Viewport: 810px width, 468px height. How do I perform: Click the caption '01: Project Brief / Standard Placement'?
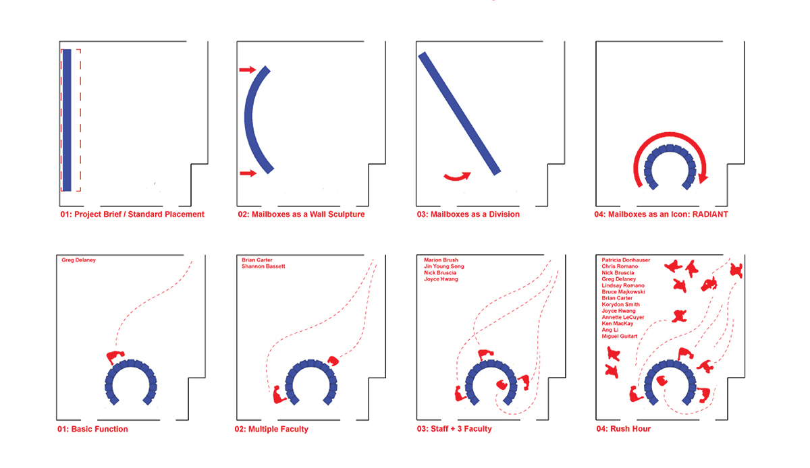pos(132,214)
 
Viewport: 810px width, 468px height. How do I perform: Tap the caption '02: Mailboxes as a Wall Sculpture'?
pos(301,214)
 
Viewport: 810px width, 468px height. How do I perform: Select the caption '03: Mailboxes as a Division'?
pos(468,214)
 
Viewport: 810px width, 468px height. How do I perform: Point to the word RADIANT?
pos(710,214)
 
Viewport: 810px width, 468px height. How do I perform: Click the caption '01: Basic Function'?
pos(92,429)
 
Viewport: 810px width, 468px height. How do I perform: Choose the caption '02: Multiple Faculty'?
pos(271,429)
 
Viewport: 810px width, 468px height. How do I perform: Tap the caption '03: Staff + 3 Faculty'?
pos(454,429)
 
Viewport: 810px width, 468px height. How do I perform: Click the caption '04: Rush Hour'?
pos(624,429)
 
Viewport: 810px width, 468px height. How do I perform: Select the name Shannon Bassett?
pos(263,266)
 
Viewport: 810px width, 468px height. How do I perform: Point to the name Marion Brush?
pos(441,260)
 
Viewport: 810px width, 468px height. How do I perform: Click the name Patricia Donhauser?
pos(626,260)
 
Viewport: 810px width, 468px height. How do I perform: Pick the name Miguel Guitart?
pos(620,336)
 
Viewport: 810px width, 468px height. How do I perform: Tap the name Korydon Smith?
pos(620,304)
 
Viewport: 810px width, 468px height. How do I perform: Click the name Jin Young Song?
pos(444,266)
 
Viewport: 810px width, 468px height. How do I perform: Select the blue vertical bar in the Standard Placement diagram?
pos(67,120)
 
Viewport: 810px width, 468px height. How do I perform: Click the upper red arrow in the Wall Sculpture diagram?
pos(248,69)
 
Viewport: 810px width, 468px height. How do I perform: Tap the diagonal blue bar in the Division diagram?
pos(459,113)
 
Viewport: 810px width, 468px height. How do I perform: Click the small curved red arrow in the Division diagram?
pos(458,177)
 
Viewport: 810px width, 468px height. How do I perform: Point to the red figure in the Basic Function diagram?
pos(115,357)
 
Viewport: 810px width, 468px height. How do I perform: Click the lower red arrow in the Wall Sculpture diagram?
pos(248,173)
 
